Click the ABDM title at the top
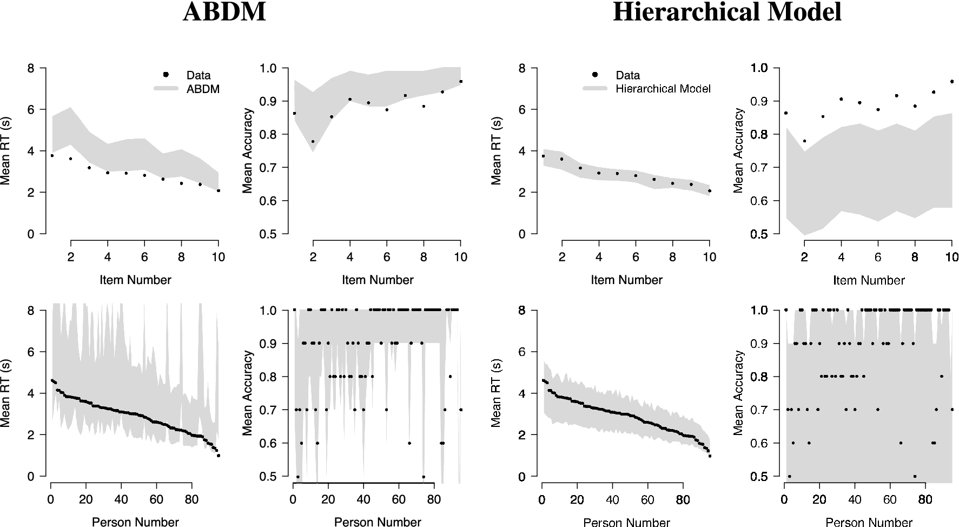(x=224, y=12)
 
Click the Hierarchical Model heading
(x=727, y=12)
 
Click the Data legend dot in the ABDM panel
(x=167, y=75)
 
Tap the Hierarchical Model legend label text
(x=663, y=89)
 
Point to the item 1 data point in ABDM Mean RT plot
(x=52, y=156)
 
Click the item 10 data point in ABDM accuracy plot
(x=461, y=82)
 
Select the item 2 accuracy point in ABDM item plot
(x=313, y=142)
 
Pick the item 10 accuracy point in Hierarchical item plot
(x=951, y=82)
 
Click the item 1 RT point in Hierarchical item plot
(x=543, y=156)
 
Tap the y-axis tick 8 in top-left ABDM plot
(x=31, y=68)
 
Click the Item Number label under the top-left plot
(x=135, y=280)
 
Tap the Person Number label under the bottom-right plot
(x=869, y=522)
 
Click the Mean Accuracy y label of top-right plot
(x=739, y=151)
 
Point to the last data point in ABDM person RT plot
(x=219, y=456)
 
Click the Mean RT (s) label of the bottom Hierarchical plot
(x=495, y=393)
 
